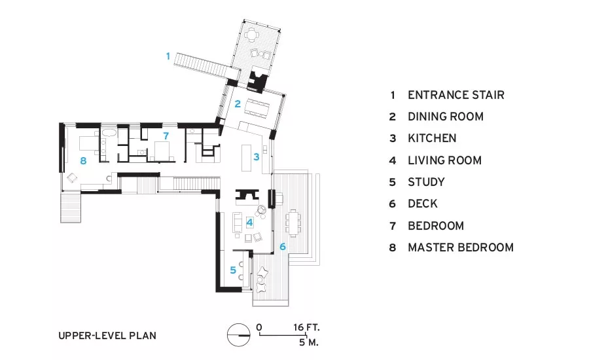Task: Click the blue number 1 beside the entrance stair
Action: pos(168,56)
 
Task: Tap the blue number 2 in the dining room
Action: pos(238,103)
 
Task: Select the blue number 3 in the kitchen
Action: pos(256,156)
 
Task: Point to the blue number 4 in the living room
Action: pos(249,223)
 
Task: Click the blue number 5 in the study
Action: pos(233,270)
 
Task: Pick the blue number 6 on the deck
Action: pos(283,247)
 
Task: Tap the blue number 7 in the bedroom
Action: pos(166,135)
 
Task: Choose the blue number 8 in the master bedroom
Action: pos(83,161)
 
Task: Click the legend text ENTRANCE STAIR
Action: pos(456,95)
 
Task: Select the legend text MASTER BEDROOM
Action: pos(461,247)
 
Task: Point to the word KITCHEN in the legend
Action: pos(432,138)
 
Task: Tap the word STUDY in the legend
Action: pos(426,182)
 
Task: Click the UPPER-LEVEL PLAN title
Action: pos(107,336)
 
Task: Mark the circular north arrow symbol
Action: pos(238,334)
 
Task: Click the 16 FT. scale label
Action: pos(306,327)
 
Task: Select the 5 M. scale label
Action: pos(309,342)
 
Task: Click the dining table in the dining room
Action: pos(257,108)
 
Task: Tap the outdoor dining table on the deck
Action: pos(293,223)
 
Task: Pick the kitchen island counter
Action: pos(247,158)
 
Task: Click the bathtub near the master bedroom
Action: pos(109,133)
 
